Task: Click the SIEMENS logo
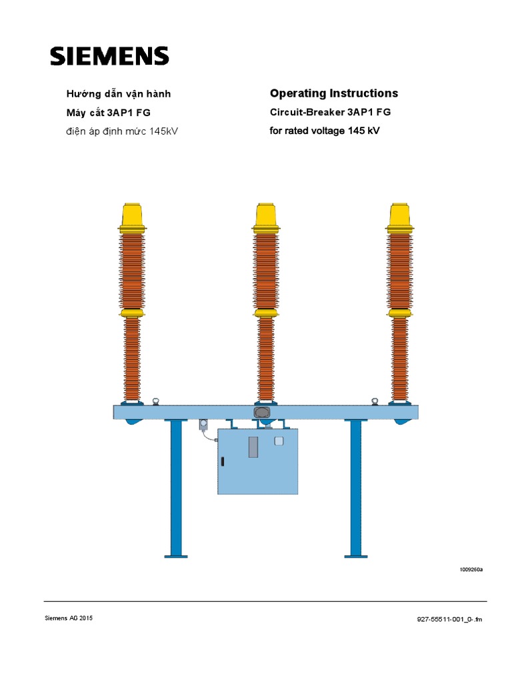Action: tap(109, 56)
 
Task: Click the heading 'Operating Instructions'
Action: tap(333, 93)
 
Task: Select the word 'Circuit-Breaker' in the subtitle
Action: tap(302, 112)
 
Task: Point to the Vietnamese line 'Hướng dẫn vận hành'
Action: tap(122, 94)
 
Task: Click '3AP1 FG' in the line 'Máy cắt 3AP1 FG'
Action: tap(133, 112)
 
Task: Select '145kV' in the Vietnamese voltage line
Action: tap(164, 131)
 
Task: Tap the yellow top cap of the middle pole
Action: tap(266, 215)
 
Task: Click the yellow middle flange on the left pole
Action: tap(133, 312)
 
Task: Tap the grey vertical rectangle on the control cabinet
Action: tap(253, 446)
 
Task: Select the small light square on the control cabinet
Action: tap(279, 440)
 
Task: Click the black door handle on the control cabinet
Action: tap(223, 462)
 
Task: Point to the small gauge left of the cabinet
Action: tap(203, 424)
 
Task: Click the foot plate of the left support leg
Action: tap(176, 555)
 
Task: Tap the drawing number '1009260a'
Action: tap(471, 570)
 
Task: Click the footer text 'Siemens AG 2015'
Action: tap(69, 618)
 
